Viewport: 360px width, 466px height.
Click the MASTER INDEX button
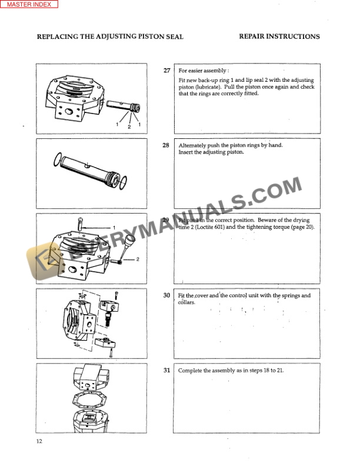[x=29, y=4]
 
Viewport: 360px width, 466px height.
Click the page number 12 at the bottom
[x=39, y=441]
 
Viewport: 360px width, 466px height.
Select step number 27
[x=166, y=71]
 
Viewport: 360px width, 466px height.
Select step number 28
[x=166, y=145]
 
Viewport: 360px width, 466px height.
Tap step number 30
[x=166, y=295]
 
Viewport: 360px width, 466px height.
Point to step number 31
[x=166, y=371]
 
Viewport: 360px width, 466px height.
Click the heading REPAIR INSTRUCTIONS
[x=279, y=36]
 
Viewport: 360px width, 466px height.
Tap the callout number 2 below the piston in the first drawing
[x=129, y=127]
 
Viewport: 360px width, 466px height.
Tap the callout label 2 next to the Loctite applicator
[x=137, y=259]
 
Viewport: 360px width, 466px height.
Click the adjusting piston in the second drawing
[x=88, y=168]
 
